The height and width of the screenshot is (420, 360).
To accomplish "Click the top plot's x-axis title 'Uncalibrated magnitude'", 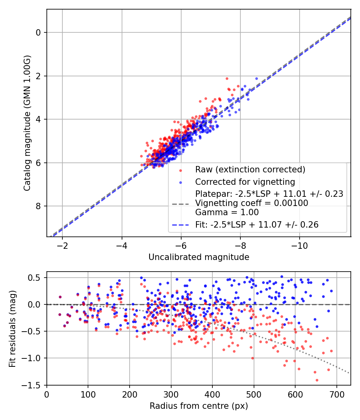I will point(199,257).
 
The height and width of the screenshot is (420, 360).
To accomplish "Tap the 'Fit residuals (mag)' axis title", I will point(12,328).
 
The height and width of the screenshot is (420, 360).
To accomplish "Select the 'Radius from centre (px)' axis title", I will point(199,406).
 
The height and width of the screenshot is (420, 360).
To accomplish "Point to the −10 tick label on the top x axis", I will point(299,245).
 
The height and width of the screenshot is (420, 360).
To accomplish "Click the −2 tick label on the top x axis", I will point(62,245).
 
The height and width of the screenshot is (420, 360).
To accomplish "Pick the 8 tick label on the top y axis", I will point(38,206).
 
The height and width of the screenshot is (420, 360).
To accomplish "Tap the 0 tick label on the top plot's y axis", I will point(38,32).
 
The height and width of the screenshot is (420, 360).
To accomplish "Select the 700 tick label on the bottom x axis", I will point(336,394).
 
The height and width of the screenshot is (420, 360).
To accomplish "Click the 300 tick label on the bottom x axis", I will point(171,394).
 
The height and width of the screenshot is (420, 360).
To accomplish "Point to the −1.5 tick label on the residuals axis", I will point(34,385).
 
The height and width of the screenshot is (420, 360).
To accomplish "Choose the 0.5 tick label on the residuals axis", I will point(36,278).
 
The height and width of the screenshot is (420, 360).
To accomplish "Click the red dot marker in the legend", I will point(180,170).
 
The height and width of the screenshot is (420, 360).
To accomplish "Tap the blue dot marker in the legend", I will point(180,182).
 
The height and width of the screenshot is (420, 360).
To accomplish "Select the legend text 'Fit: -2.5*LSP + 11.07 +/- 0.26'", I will point(257,225).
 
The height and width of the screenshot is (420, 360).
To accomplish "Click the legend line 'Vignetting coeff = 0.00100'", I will point(252,203).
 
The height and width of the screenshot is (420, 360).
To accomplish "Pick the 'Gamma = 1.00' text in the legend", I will point(227,212).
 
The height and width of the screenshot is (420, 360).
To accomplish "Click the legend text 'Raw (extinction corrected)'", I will point(250,170).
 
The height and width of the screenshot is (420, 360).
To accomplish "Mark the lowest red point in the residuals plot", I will point(317,380).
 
